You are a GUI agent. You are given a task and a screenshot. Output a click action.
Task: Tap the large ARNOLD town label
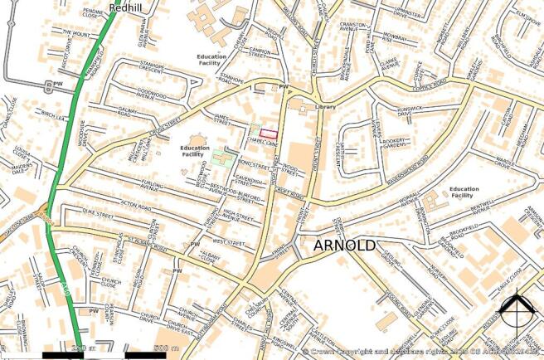click(344, 246)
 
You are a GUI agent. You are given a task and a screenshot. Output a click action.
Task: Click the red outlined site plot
click(267, 131)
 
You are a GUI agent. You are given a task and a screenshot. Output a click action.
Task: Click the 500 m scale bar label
click(166, 348)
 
